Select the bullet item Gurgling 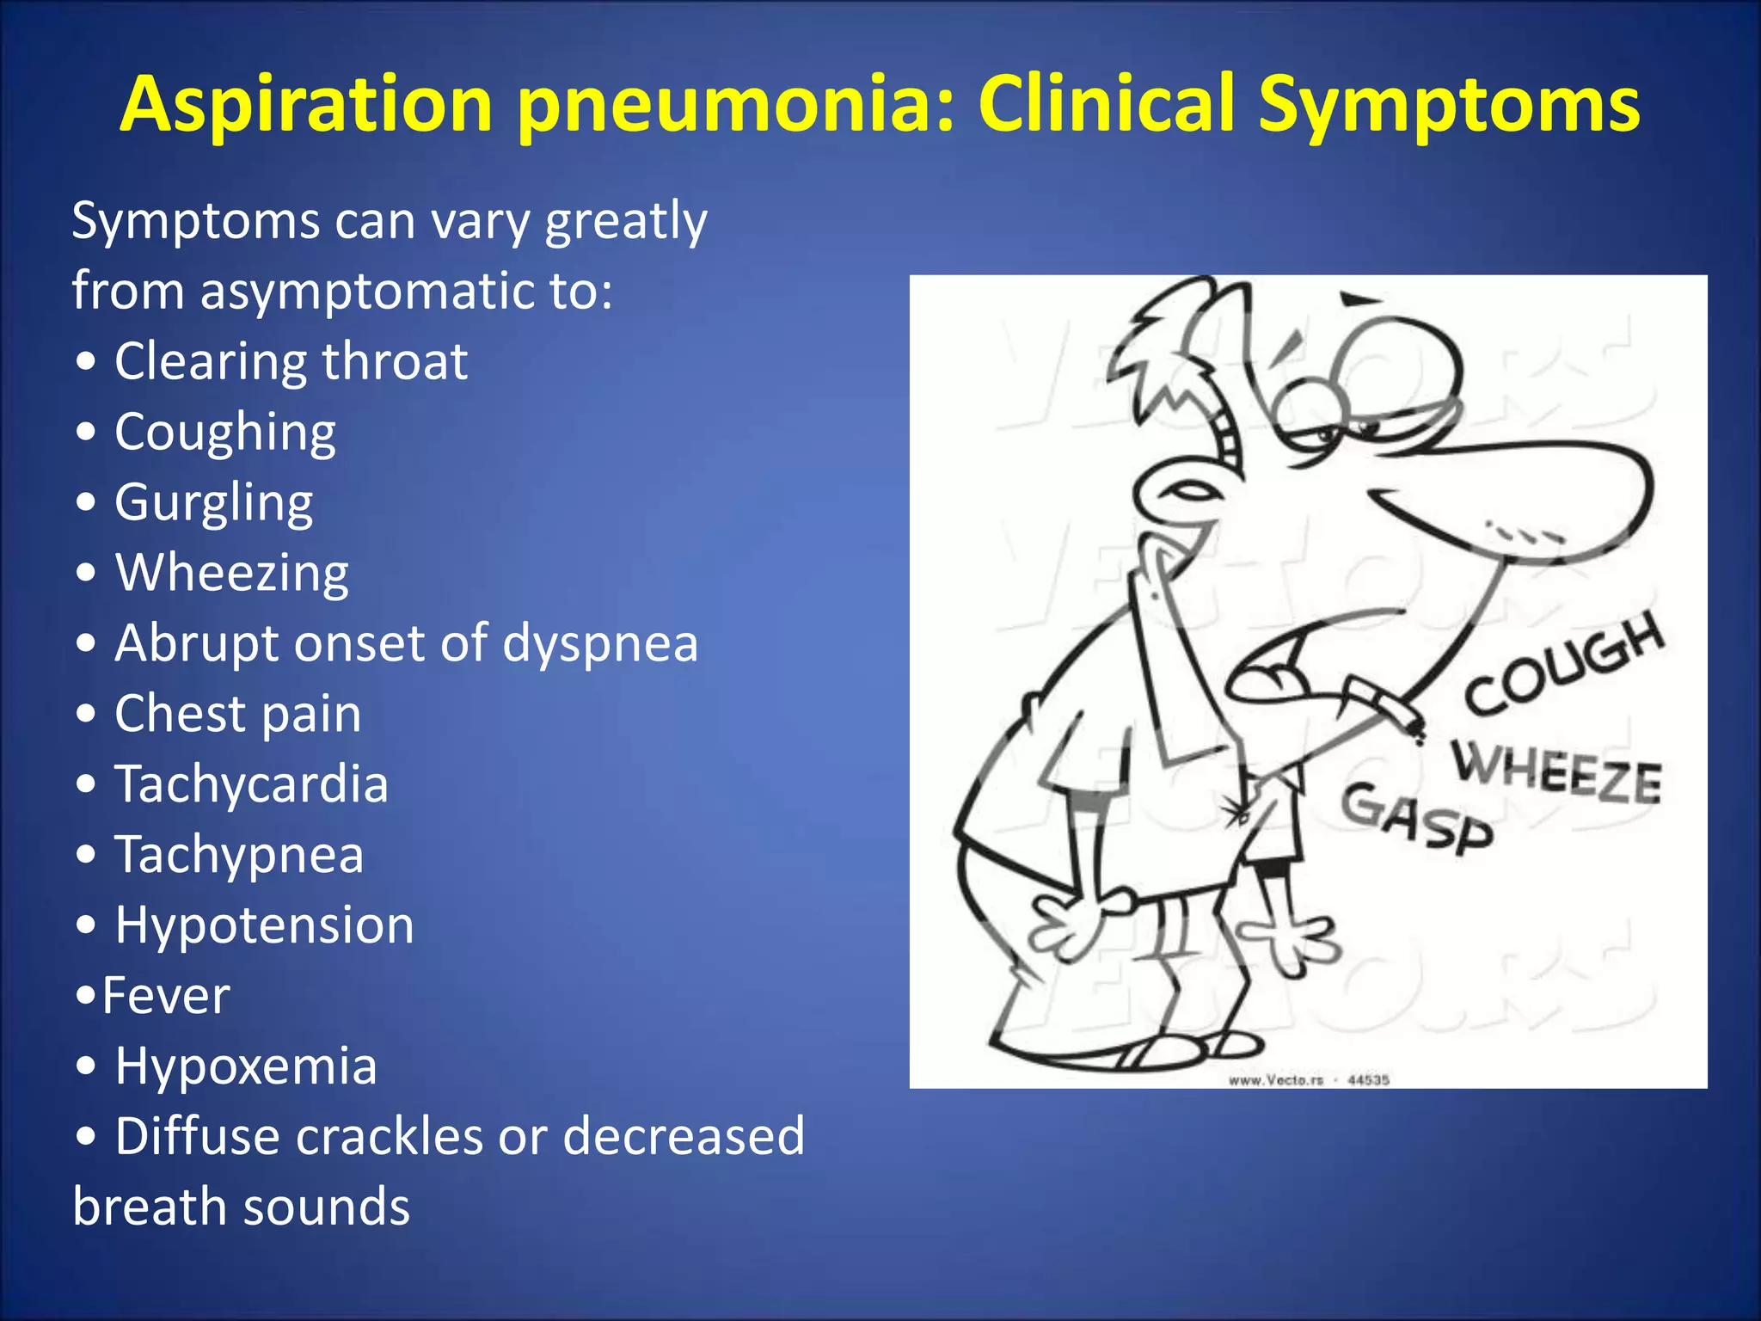click(213, 502)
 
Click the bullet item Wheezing click(231, 573)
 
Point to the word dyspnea click(599, 643)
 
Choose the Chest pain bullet click(237, 714)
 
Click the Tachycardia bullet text click(251, 784)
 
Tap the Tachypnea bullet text click(239, 855)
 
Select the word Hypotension click(264, 925)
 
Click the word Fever click(165, 996)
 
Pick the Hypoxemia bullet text click(246, 1066)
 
